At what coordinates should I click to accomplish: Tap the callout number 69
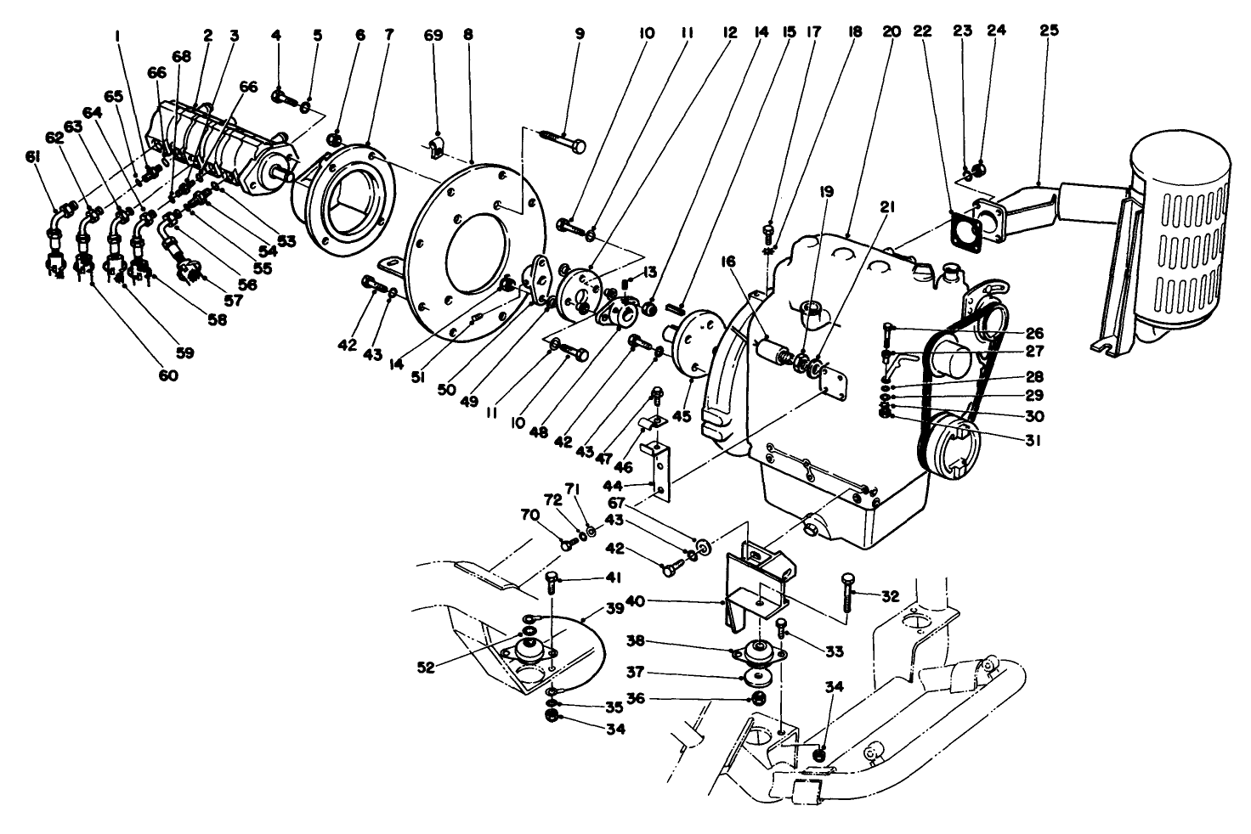pos(433,35)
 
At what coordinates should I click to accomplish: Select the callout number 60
pos(167,375)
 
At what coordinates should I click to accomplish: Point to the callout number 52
pos(426,668)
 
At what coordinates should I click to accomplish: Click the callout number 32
pos(890,596)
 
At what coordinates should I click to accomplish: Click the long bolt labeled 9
pos(562,140)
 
